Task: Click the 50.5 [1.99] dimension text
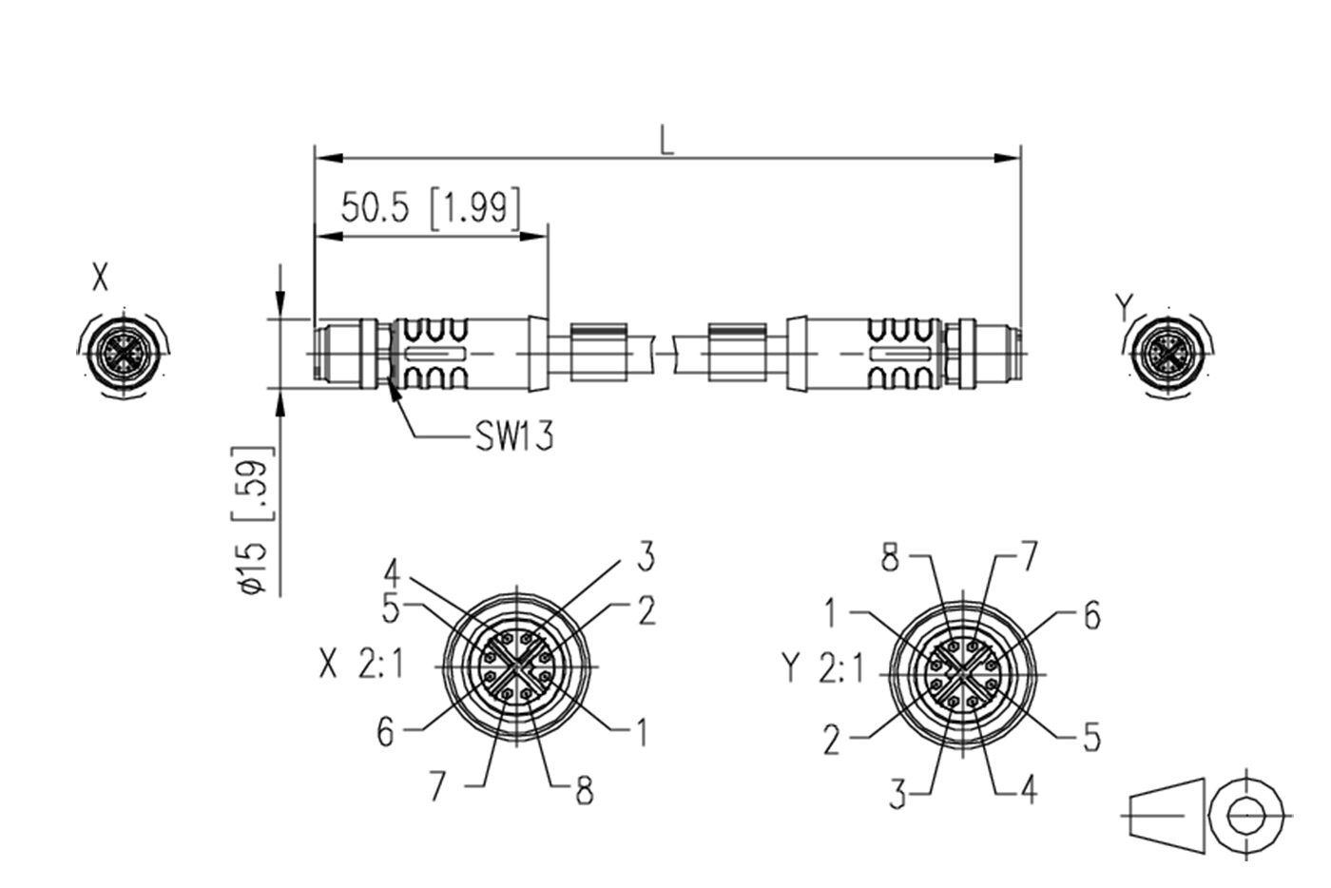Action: [431, 208]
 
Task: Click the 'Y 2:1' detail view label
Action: [823, 668]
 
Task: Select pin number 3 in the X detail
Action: [646, 557]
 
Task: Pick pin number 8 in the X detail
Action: [584, 790]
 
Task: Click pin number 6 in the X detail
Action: [385, 731]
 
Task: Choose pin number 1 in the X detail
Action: [642, 731]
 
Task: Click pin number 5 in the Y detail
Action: [1090, 736]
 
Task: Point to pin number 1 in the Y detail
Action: [832, 613]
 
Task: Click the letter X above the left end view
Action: [101, 280]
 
